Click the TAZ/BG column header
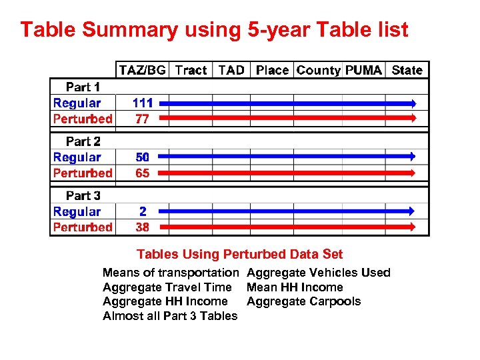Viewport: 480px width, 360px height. click(x=142, y=70)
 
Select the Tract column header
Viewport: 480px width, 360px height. click(x=191, y=70)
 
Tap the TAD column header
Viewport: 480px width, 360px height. click(x=231, y=70)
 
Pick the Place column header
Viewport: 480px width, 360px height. click(x=272, y=70)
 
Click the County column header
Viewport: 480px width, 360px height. click(x=318, y=70)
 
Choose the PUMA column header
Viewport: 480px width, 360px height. click(x=363, y=70)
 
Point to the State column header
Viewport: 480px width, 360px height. click(x=407, y=70)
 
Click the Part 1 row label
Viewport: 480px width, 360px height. click(x=83, y=87)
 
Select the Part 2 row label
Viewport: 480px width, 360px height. click(x=83, y=141)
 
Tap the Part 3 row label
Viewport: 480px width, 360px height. click(x=83, y=195)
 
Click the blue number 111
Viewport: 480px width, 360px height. click(x=143, y=103)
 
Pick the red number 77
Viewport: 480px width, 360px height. click(x=143, y=119)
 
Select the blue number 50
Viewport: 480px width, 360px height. click(x=143, y=157)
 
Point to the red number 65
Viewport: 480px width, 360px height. click(x=143, y=173)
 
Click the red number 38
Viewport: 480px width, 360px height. click(x=143, y=227)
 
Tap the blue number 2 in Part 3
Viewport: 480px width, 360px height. click(x=143, y=211)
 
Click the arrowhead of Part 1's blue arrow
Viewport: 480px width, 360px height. click(x=413, y=103)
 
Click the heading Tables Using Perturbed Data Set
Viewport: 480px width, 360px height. click(x=239, y=254)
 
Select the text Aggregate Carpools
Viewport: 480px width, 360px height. click(x=303, y=301)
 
